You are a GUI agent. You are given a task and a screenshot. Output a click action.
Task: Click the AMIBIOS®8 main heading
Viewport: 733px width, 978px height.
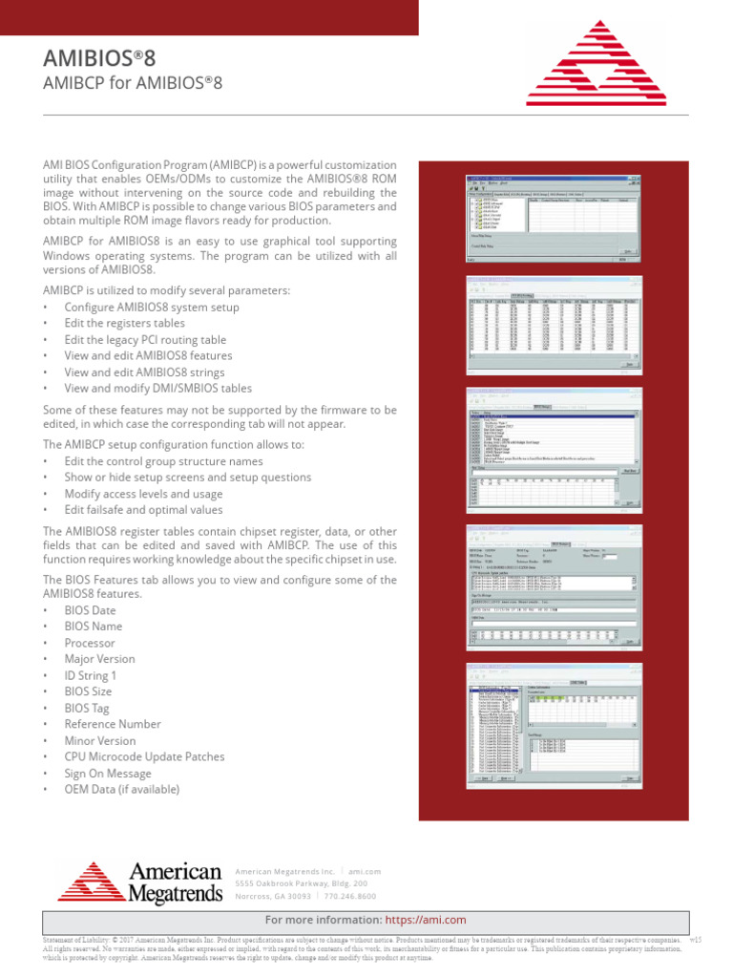(x=99, y=59)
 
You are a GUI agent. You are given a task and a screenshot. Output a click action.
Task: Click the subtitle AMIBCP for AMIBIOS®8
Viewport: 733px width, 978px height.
(x=133, y=83)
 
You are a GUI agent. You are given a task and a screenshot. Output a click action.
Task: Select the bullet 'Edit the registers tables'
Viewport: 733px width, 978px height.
(x=124, y=323)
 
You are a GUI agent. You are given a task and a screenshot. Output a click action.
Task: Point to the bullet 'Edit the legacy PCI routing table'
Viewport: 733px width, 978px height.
(x=145, y=339)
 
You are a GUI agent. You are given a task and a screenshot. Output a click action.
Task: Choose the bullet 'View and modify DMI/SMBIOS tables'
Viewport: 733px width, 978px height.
(x=158, y=388)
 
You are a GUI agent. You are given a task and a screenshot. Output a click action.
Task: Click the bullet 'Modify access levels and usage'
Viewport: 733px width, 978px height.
(x=143, y=494)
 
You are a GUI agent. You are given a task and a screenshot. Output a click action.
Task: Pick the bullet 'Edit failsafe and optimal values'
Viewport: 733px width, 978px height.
(x=143, y=510)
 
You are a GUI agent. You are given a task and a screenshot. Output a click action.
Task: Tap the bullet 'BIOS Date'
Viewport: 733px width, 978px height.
(x=91, y=609)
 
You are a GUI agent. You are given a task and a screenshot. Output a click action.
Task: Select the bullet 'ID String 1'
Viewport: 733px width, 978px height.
(x=91, y=674)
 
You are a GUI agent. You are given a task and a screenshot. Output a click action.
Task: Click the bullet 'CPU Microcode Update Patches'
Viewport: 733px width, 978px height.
(x=144, y=756)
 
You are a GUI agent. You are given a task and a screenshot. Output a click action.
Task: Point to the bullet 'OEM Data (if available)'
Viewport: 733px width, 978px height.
(x=121, y=789)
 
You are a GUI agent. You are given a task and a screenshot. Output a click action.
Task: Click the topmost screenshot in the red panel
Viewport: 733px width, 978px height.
(x=552, y=217)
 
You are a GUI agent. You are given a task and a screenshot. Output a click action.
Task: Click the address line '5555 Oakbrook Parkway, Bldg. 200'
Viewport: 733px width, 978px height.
(x=301, y=883)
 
